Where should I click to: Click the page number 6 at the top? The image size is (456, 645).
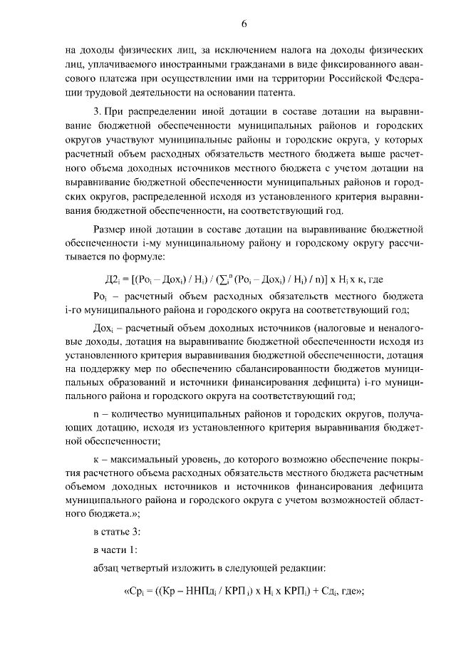pyautogui.click(x=243, y=24)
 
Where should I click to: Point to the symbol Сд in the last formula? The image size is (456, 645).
pyautogui.click(x=324, y=590)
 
